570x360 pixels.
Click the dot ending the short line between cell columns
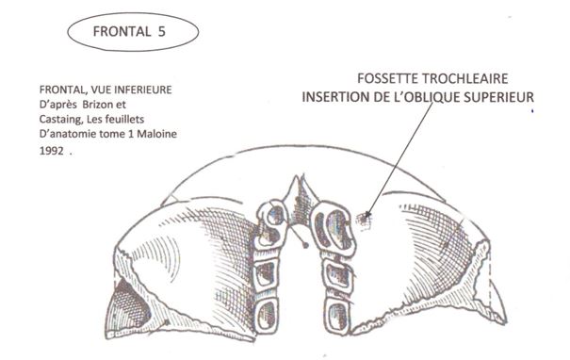306,244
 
